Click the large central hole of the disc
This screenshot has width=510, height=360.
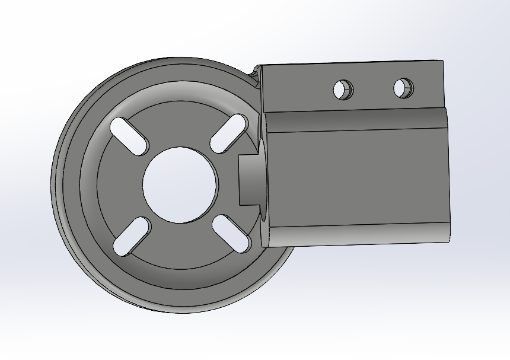coord(180,184)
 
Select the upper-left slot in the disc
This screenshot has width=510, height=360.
coord(129,136)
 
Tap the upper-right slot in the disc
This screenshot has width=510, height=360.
coord(228,133)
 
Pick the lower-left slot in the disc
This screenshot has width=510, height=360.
coord(131,235)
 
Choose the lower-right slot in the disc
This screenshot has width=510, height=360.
coord(231,232)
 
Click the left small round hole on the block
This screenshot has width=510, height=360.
coord(343,90)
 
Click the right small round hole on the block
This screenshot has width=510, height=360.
coord(403,88)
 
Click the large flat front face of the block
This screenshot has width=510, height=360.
coord(356,178)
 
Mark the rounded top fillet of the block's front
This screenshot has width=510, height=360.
coord(356,122)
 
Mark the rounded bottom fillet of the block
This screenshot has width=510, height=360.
coord(356,234)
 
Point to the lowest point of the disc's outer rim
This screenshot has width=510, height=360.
coord(178,312)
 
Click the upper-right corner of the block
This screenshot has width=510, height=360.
coord(442,61)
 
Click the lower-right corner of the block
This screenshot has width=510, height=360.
coord(449,240)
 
